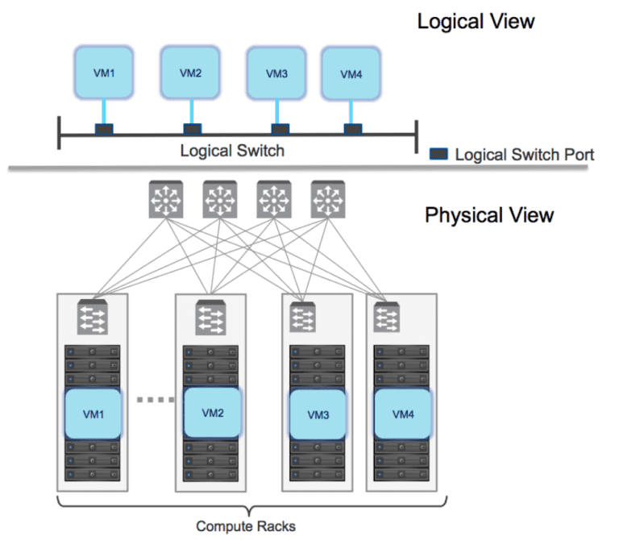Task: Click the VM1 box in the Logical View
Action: [105, 72]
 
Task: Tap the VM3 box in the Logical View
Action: [276, 73]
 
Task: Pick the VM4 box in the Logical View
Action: [351, 73]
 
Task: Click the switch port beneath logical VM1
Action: [105, 129]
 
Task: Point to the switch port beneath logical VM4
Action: [352, 129]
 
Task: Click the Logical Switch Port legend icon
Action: [438, 153]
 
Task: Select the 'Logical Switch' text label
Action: [232, 151]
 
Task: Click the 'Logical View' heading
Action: [475, 21]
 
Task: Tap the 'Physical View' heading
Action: [489, 215]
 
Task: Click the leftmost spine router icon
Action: [165, 198]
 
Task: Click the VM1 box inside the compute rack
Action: [93, 413]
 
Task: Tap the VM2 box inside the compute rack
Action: [211, 412]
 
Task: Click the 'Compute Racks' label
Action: [246, 526]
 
